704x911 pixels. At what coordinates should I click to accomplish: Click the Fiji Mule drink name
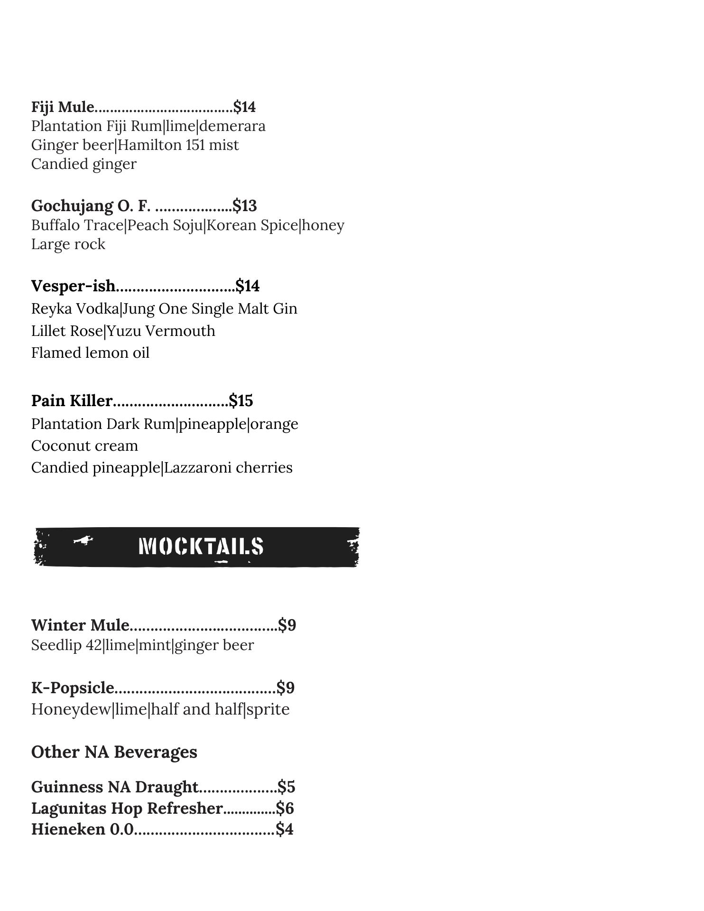(x=63, y=107)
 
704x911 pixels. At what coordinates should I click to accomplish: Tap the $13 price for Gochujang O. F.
(x=245, y=206)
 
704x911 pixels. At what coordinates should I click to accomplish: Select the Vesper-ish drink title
(x=73, y=286)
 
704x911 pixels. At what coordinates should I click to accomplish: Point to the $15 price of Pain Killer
(x=241, y=401)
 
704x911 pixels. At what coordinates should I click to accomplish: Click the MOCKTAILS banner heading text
(x=201, y=547)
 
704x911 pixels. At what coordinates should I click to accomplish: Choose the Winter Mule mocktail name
(x=80, y=625)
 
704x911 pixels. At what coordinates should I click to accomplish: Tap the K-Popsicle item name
(x=73, y=688)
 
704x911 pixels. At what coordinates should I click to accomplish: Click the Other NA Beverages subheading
(x=114, y=752)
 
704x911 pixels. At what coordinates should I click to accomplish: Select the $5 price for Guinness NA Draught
(x=287, y=787)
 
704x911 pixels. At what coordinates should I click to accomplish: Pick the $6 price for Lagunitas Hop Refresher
(x=285, y=808)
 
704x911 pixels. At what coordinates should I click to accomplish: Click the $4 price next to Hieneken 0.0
(x=285, y=829)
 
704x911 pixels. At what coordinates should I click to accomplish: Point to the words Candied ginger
(x=83, y=164)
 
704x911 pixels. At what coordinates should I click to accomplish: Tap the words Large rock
(x=68, y=244)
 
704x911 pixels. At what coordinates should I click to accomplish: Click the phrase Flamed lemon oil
(x=90, y=353)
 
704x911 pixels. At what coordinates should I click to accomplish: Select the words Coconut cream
(x=84, y=446)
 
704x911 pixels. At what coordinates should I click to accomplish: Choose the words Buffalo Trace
(x=77, y=225)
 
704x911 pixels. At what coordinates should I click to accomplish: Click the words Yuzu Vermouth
(x=161, y=331)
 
